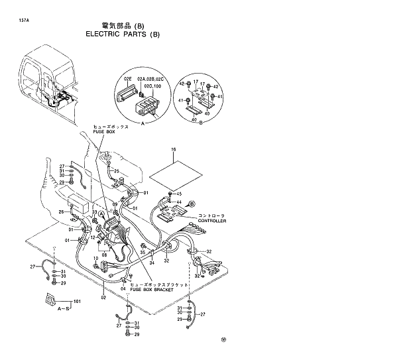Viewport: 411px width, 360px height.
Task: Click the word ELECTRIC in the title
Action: (x=103, y=34)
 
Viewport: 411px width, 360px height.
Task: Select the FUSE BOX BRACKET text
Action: (x=152, y=290)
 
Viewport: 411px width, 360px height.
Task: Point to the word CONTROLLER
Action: (x=211, y=221)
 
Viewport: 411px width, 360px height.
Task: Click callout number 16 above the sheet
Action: (x=174, y=150)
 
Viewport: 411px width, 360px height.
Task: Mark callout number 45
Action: (x=178, y=194)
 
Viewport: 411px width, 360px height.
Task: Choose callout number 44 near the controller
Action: (x=178, y=201)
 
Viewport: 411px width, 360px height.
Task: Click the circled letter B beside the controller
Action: (x=193, y=204)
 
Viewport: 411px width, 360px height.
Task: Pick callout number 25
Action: (x=117, y=170)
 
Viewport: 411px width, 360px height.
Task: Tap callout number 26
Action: (x=60, y=212)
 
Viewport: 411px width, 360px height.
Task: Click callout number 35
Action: (x=142, y=251)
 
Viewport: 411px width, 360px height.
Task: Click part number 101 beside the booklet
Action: (x=77, y=303)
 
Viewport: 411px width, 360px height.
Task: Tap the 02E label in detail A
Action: (x=128, y=78)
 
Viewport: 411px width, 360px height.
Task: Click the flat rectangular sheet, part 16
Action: (x=173, y=174)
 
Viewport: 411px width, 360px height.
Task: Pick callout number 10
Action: (x=95, y=258)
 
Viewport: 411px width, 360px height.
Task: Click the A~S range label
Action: (x=64, y=309)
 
